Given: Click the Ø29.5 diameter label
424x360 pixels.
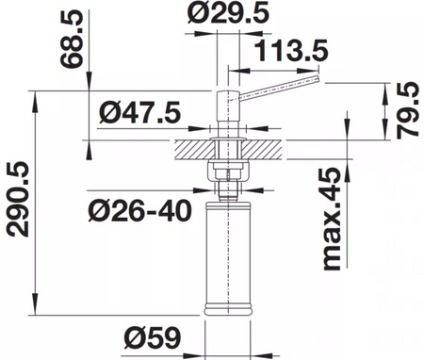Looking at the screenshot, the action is pos(228,13).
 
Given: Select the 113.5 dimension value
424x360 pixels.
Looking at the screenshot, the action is pos(291,50).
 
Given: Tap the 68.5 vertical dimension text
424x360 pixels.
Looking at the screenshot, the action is pos(72,39).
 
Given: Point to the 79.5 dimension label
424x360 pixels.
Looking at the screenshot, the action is pos(408,110).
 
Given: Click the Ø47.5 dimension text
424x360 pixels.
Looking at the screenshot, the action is pos(140,112).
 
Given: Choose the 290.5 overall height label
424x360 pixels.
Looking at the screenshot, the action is pos(18,200).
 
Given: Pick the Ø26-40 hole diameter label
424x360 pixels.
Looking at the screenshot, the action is pos(139,210).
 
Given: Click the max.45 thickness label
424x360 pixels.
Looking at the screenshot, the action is pos(333,219).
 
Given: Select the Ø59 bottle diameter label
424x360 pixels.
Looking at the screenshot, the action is pos(153,337).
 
